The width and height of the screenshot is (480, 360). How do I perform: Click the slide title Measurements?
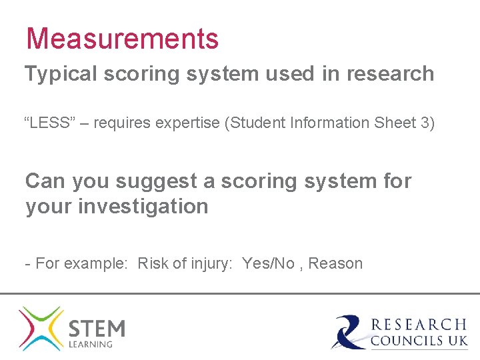click(x=122, y=39)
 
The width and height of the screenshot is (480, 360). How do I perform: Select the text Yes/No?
click(x=268, y=263)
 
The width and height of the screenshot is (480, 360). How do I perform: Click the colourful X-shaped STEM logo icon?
click(x=41, y=328)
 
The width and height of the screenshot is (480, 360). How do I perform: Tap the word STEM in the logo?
click(x=97, y=327)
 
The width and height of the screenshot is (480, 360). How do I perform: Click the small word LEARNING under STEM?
click(x=91, y=345)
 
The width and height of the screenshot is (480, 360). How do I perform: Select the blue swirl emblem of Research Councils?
click(x=349, y=331)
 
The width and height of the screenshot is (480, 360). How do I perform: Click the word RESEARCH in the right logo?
click(x=419, y=325)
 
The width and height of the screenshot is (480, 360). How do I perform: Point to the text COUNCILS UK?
click(x=419, y=341)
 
